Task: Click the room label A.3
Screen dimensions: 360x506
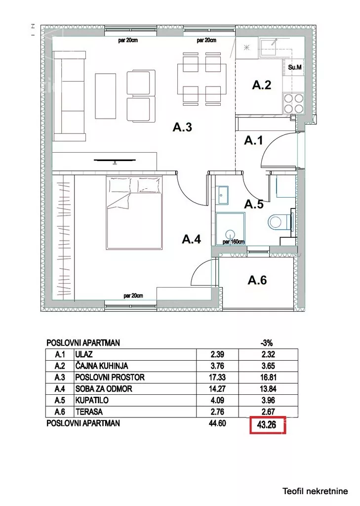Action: tap(182, 127)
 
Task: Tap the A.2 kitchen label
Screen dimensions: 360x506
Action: tap(262, 85)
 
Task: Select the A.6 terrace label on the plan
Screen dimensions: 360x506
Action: tap(257, 280)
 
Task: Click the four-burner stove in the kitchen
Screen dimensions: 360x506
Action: tap(293, 103)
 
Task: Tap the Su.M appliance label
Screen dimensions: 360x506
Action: tap(295, 67)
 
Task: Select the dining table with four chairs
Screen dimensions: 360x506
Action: tap(201, 79)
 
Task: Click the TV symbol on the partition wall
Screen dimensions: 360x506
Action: tap(115, 160)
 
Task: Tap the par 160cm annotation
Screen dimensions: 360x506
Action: tap(234, 241)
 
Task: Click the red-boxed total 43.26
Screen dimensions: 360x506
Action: tap(268, 425)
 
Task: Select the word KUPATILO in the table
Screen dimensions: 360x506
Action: tap(92, 400)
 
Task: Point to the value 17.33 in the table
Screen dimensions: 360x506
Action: tap(217, 377)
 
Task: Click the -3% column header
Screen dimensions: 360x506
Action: tap(267, 343)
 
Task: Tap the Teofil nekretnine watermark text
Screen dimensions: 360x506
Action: tap(315, 492)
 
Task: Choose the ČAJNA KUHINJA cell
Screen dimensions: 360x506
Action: tap(102, 366)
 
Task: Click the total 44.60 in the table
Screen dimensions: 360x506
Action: tap(217, 423)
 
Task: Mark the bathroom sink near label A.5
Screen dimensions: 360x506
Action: tap(223, 195)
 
